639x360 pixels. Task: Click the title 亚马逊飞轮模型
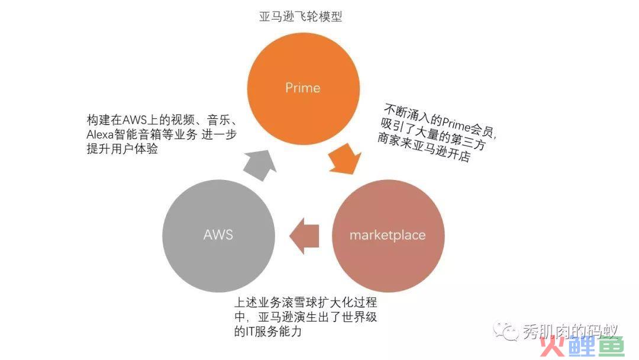301,17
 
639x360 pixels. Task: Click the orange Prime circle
303,88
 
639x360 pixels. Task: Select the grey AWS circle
218,236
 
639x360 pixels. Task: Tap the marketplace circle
388,236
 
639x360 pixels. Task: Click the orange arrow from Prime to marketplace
345,159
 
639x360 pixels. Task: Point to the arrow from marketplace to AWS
304,236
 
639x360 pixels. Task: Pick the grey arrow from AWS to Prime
259,165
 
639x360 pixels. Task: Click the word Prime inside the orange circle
303,88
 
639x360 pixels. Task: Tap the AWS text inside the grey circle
218,235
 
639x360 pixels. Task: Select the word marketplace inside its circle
388,235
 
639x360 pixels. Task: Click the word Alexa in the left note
99,134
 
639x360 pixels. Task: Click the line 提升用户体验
122,149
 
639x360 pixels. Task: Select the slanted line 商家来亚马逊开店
424,147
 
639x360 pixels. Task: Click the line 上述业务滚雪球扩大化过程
306,303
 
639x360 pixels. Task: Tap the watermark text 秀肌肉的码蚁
570,330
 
